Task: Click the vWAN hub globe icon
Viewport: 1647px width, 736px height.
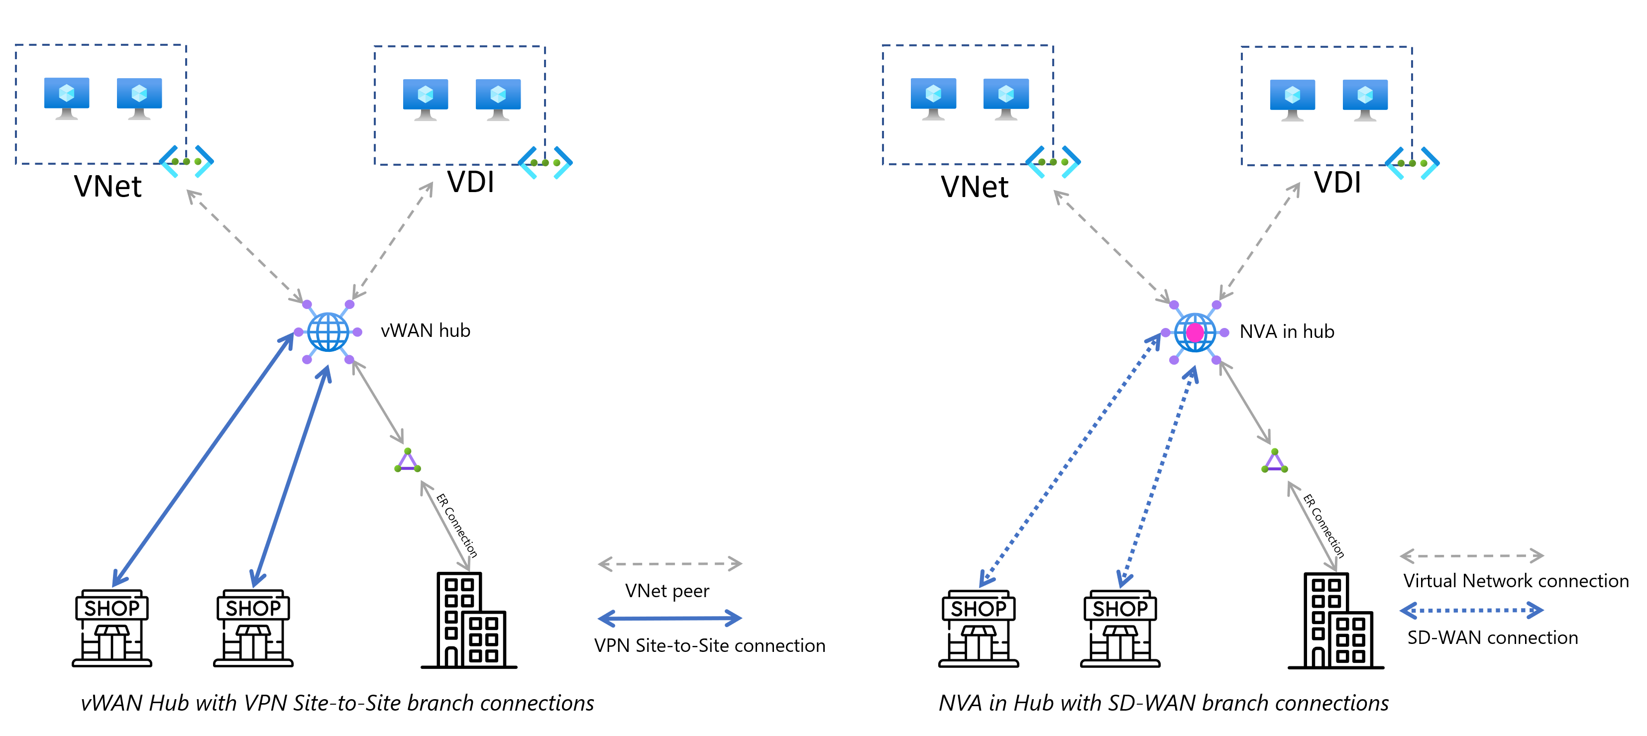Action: pos(328,332)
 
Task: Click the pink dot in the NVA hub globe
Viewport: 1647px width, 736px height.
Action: pos(1195,332)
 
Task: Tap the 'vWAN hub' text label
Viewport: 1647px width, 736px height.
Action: pos(425,330)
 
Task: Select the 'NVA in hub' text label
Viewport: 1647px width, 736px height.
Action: pos(1287,331)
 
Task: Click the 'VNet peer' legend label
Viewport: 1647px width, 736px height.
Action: pos(667,591)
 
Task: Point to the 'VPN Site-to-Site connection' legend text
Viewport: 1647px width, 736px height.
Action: pos(710,646)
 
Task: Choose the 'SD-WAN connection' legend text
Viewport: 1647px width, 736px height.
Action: pos(1492,637)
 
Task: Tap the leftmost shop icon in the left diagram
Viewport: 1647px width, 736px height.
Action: pos(112,628)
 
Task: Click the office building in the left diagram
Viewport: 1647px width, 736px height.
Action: pos(469,620)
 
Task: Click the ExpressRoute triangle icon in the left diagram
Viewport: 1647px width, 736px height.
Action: pos(407,461)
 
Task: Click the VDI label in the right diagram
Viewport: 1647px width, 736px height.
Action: pos(1337,182)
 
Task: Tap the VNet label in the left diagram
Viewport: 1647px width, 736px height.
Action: pos(108,186)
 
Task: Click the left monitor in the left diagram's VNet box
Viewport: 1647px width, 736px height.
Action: pos(67,99)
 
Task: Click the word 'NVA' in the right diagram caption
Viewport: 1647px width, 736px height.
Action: pos(960,703)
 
